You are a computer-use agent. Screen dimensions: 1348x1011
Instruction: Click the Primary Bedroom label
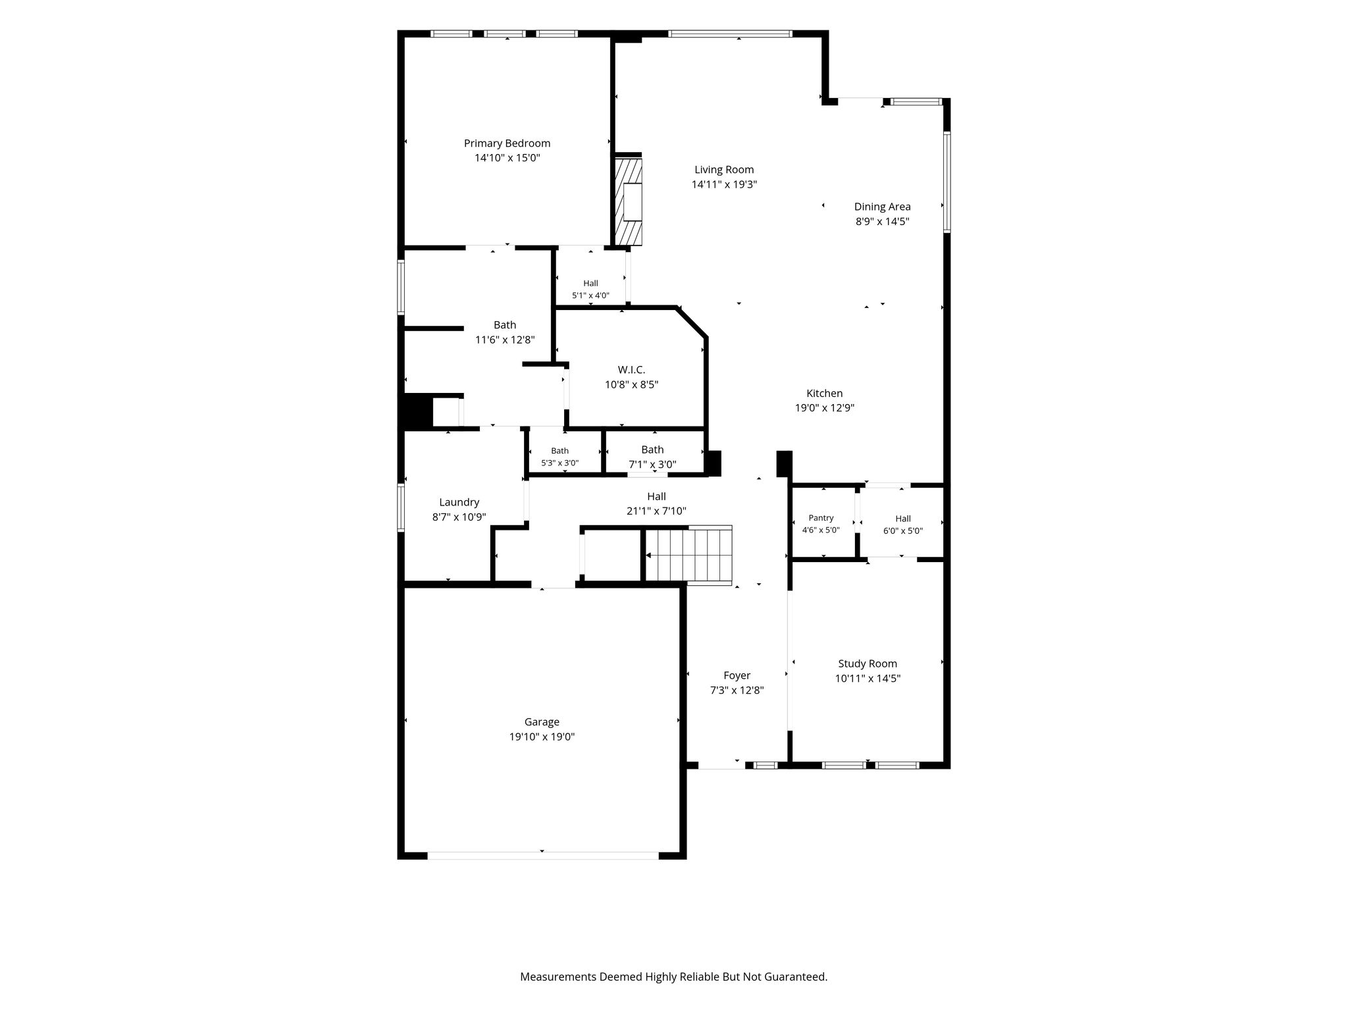coord(507,143)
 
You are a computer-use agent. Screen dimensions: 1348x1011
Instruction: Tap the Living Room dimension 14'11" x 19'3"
coord(724,185)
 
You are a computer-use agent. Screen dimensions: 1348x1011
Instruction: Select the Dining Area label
coord(882,207)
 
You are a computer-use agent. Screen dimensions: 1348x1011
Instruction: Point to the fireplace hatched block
coord(628,200)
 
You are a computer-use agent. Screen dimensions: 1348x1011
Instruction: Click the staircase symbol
coord(688,555)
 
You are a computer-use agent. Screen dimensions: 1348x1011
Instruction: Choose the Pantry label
coord(821,518)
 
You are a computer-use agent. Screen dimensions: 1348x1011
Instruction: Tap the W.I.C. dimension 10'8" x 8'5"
coord(632,385)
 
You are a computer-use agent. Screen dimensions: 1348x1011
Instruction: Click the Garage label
coord(542,722)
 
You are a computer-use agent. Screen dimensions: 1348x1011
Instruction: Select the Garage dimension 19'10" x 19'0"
coord(542,737)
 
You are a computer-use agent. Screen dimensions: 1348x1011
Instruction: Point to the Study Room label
coord(868,664)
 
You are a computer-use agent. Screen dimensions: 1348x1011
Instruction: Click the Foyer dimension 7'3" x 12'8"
coord(737,690)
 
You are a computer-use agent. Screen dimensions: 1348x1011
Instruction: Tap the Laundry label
coord(459,503)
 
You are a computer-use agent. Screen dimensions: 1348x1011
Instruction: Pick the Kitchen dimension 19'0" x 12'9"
coord(825,408)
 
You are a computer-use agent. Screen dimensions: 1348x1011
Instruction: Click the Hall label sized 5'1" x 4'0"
coord(590,284)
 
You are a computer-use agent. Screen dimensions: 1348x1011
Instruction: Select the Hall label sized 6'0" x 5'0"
coord(903,519)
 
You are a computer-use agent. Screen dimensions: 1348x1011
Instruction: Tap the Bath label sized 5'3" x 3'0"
coord(559,451)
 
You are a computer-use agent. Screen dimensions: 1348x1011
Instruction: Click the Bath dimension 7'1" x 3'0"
coord(652,465)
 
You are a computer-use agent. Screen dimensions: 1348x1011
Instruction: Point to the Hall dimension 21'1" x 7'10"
coord(656,511)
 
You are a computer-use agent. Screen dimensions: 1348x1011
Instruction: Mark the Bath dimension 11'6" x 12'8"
coord(505,340)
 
